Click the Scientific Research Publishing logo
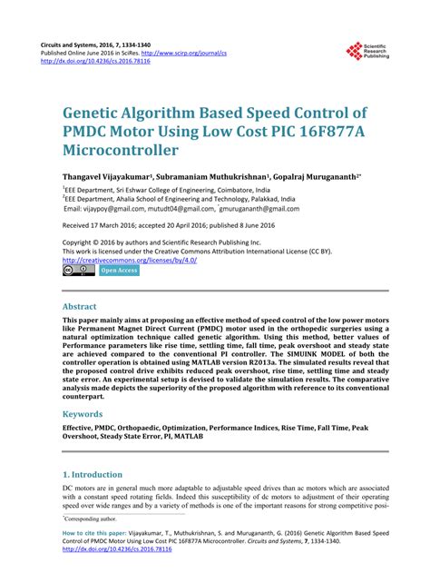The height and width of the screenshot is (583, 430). tap(366, 52)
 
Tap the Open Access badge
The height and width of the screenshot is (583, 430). tap(119, 270)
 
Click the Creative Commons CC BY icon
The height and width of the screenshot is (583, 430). tap(78, 270)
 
